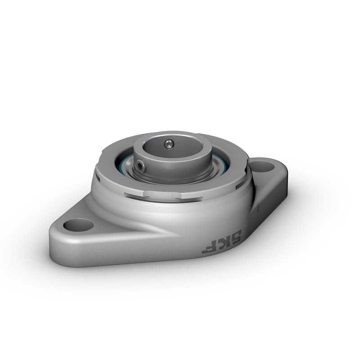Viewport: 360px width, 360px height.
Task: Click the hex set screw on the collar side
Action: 141,167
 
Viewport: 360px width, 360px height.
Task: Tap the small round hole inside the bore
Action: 167,144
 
